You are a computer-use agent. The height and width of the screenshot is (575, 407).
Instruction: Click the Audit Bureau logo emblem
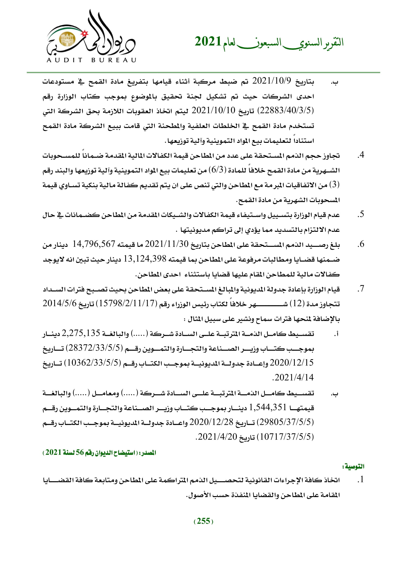[x=91, y=36]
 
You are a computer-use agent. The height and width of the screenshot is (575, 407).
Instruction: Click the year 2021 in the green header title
[x=208, y=42]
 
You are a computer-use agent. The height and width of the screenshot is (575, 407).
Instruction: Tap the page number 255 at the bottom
[x=203, y=521]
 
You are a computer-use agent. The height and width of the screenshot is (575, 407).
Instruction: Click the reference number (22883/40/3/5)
[x=285, y=110]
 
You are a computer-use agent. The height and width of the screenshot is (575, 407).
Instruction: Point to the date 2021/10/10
[x=214, y=110]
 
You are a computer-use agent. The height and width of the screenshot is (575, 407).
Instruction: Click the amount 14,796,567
[x=94, y=244]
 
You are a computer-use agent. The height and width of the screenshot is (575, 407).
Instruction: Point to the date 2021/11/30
[x=166, y=244]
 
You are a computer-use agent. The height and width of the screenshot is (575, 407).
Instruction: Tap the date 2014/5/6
[x=59, y=304]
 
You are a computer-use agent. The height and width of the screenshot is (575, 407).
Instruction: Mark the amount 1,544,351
[x=268, y=408]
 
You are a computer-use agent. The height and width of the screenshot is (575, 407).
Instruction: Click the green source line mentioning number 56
[x=99, y=453]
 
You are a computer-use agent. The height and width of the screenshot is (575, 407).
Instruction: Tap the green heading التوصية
[x=353, y=466]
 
